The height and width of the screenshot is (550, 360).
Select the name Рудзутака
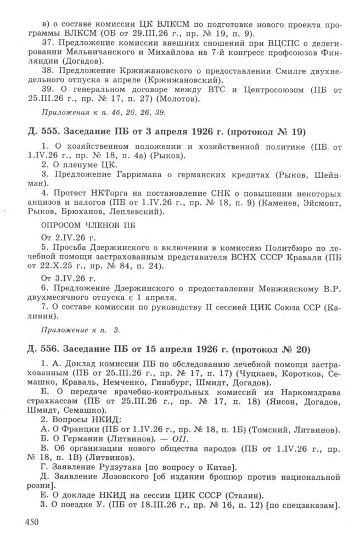click(111, 467)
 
